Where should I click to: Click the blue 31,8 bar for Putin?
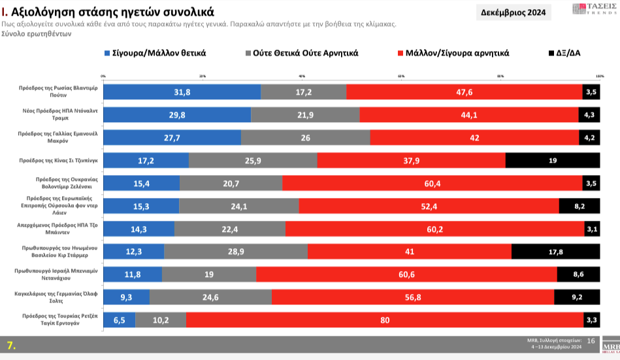point(182,92)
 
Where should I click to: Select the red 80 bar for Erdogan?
point(385,320)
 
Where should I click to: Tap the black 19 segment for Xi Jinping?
point(553,160)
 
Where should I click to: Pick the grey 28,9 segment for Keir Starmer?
point(236,252)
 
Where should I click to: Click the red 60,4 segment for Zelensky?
point(432,184)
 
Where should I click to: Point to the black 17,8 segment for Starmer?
point(555,252)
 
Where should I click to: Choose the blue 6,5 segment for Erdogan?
point(120,320)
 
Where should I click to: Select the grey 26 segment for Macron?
point(305,138)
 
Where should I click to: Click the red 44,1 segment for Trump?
point(469,115)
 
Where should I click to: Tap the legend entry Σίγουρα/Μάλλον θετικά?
point(160,53)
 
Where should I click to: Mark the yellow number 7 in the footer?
point(11,345)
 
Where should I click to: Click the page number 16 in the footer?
point(591,340)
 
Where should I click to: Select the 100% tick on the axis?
point(600,77)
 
